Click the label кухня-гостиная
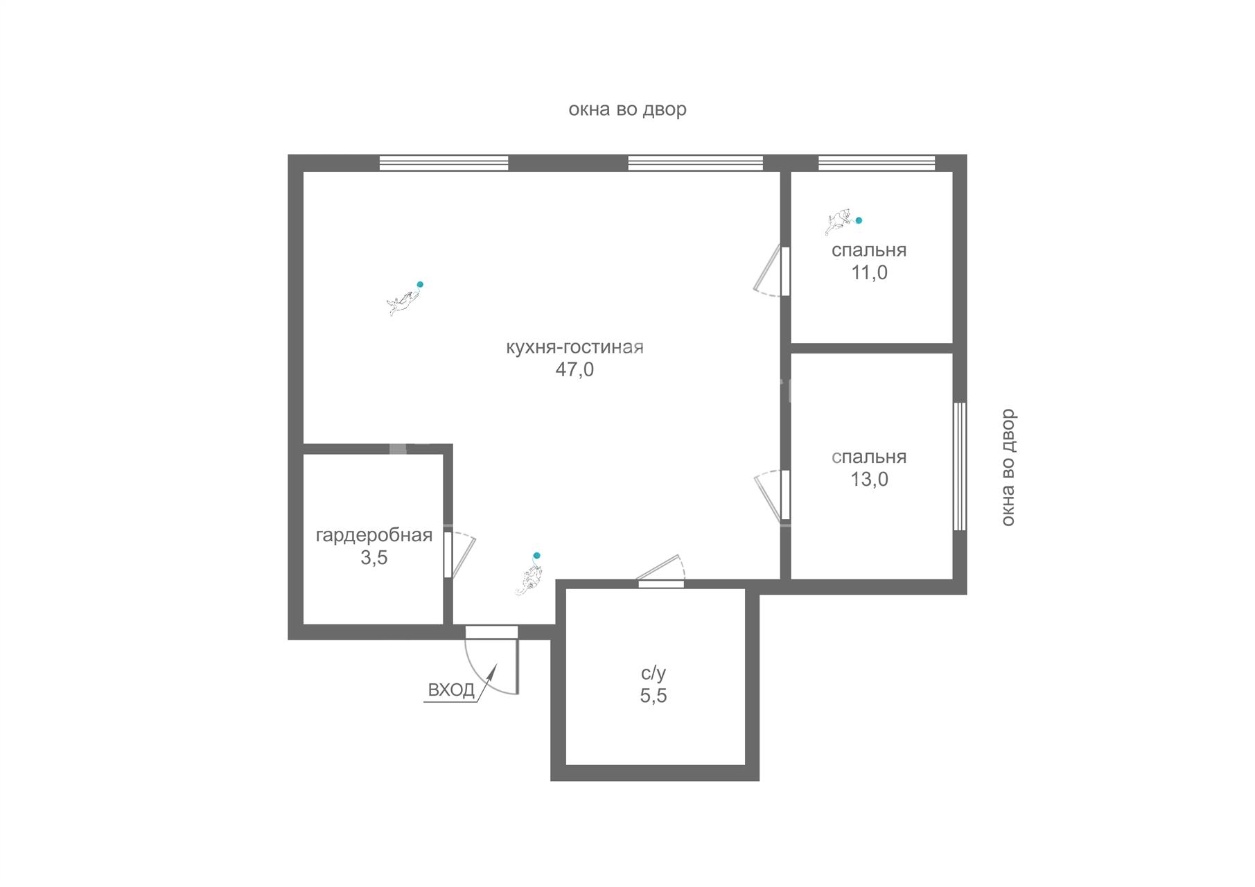click(574, 347)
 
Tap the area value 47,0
click(574, 369)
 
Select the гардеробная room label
click(374, 536)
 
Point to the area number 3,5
click(374, 558)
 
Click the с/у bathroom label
click(653, 673)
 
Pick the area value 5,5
click(653, 696)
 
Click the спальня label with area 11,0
click(869, 250)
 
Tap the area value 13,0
click(869, 479)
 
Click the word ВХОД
click(451, 690)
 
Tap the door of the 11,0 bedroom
click(771, 271)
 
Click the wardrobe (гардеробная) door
click(459, 554)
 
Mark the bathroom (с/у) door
click(661, 571)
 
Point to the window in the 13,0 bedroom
click(960, 466)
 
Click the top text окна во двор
click(627, 109)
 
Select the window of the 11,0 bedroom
click(877, 163)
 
